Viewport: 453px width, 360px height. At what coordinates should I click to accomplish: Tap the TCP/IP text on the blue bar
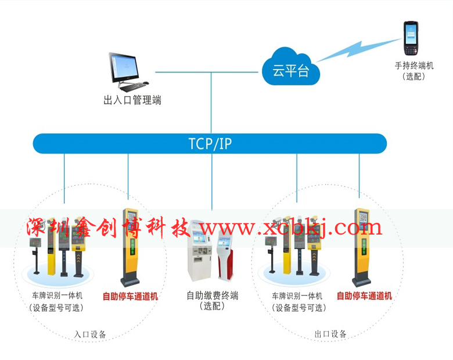[210, 143]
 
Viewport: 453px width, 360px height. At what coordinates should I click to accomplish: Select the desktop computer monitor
[124, 67]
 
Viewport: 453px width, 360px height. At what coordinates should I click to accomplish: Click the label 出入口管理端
[132, 100]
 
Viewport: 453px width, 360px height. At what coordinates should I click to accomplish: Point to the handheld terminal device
[411, 38]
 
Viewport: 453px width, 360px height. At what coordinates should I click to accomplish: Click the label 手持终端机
[414, 66]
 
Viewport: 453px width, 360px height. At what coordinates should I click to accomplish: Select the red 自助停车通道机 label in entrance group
[130, 296]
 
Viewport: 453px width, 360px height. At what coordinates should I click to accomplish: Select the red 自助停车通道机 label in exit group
[364, 296]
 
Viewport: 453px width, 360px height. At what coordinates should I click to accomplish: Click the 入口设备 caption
[90, 334]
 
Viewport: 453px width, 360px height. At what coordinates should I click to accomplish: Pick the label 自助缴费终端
[212, 296]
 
